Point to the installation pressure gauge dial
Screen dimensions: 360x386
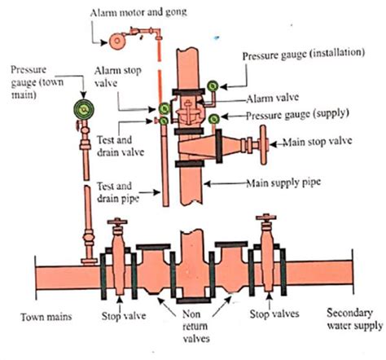pyautogui.click(x=214, y=85)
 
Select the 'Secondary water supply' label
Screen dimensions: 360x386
pyautogui.click(x=353, y=318)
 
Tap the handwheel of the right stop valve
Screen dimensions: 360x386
pyautogui.click(x=265, y=221)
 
